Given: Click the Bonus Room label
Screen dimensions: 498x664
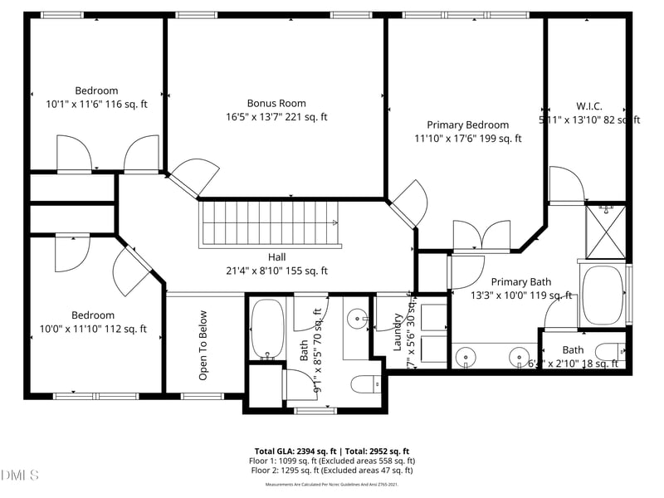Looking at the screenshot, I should coord(276,103).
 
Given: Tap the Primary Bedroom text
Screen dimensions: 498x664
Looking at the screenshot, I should coord(467,124).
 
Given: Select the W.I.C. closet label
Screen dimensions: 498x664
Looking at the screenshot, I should coord(588,106).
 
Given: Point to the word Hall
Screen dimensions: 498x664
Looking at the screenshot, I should coord(276,257).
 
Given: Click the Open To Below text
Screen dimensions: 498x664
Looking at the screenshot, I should coord(203,345).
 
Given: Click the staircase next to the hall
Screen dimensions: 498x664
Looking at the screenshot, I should coord(270,224).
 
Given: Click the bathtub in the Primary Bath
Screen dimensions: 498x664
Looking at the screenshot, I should coord(603,295).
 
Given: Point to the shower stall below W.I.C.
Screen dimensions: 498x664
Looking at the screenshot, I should coord(606,230).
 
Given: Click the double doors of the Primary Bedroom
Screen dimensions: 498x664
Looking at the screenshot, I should coord(482,235).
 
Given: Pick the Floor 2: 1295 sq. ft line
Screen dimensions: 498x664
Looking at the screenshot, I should coord(332,471).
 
